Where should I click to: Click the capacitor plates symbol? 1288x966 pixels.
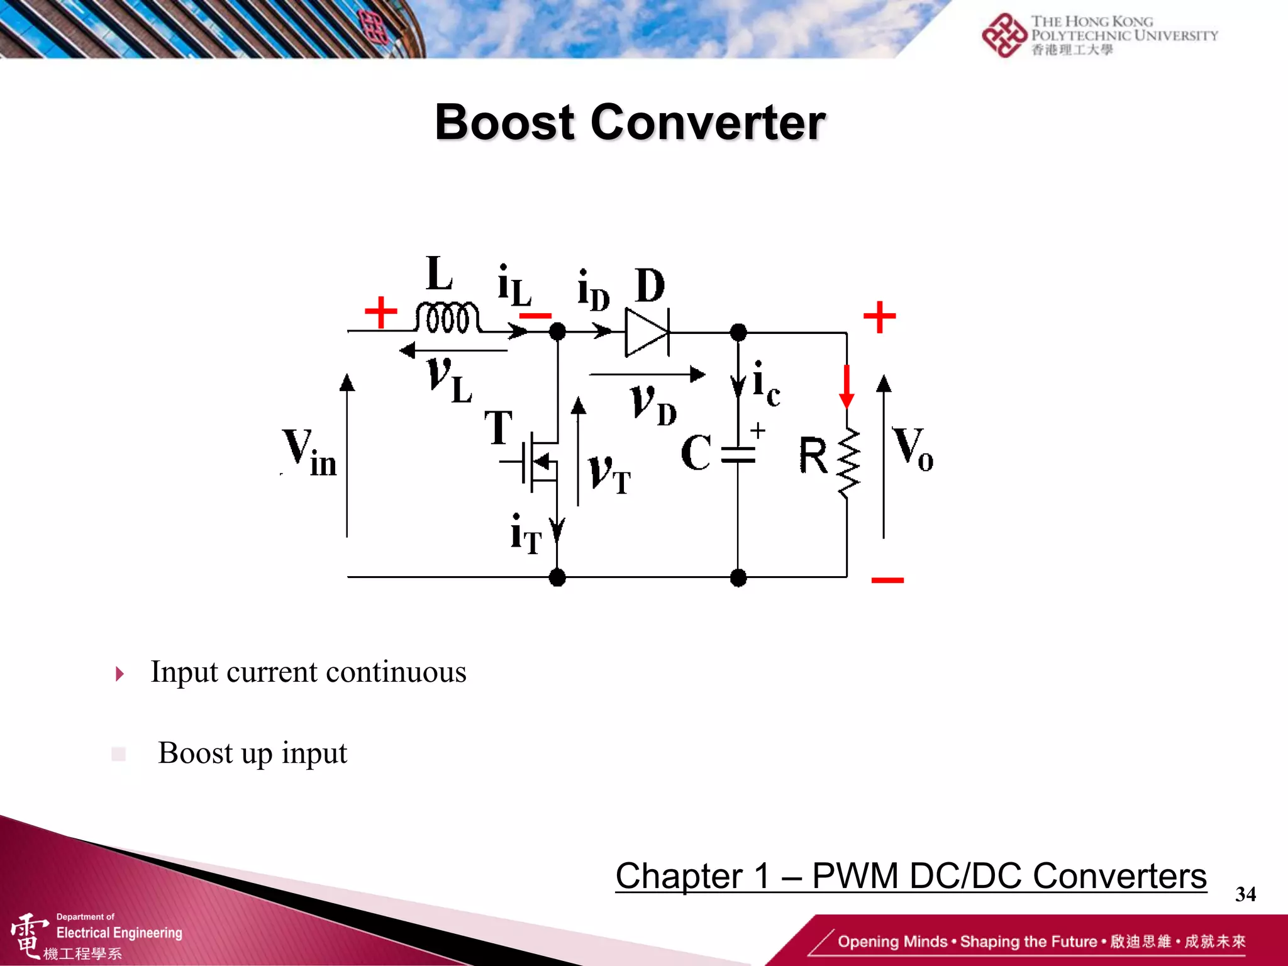pos(738,455)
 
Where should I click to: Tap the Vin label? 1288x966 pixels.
pos(309,453)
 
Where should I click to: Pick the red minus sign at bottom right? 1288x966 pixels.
pos(887,580)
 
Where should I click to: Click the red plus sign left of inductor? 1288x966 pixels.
pos(380,313)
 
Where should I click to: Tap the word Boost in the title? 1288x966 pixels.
pos(504,122)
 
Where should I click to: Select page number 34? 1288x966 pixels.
pos(1245,894)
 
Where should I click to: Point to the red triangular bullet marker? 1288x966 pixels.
pos(119,674)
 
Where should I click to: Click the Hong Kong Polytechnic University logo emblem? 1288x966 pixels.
pos(1004,35)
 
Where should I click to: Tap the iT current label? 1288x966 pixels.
pos(526,535)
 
